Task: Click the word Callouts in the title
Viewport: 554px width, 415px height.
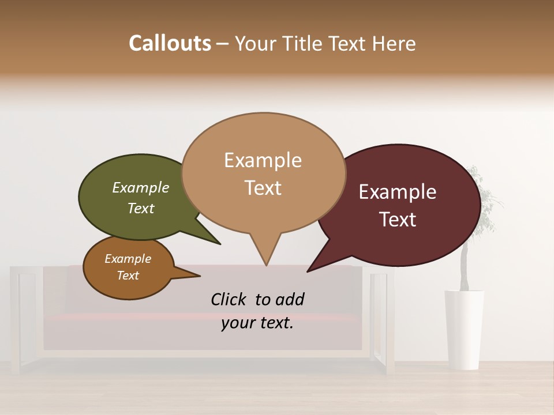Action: point(170,43)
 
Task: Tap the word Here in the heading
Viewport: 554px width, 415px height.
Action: point(394,43)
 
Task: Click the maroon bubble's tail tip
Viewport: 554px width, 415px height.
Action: point(308,271)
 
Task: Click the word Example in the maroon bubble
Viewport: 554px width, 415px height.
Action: point(398,192)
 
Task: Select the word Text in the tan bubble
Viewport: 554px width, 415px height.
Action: point(263,188)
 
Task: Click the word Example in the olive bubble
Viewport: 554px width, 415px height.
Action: point(141,188)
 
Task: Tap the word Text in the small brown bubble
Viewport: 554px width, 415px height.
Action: point(128,276)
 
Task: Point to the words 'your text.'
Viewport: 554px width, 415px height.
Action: point(257,323)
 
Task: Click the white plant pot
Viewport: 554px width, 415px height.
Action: point(464,329)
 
